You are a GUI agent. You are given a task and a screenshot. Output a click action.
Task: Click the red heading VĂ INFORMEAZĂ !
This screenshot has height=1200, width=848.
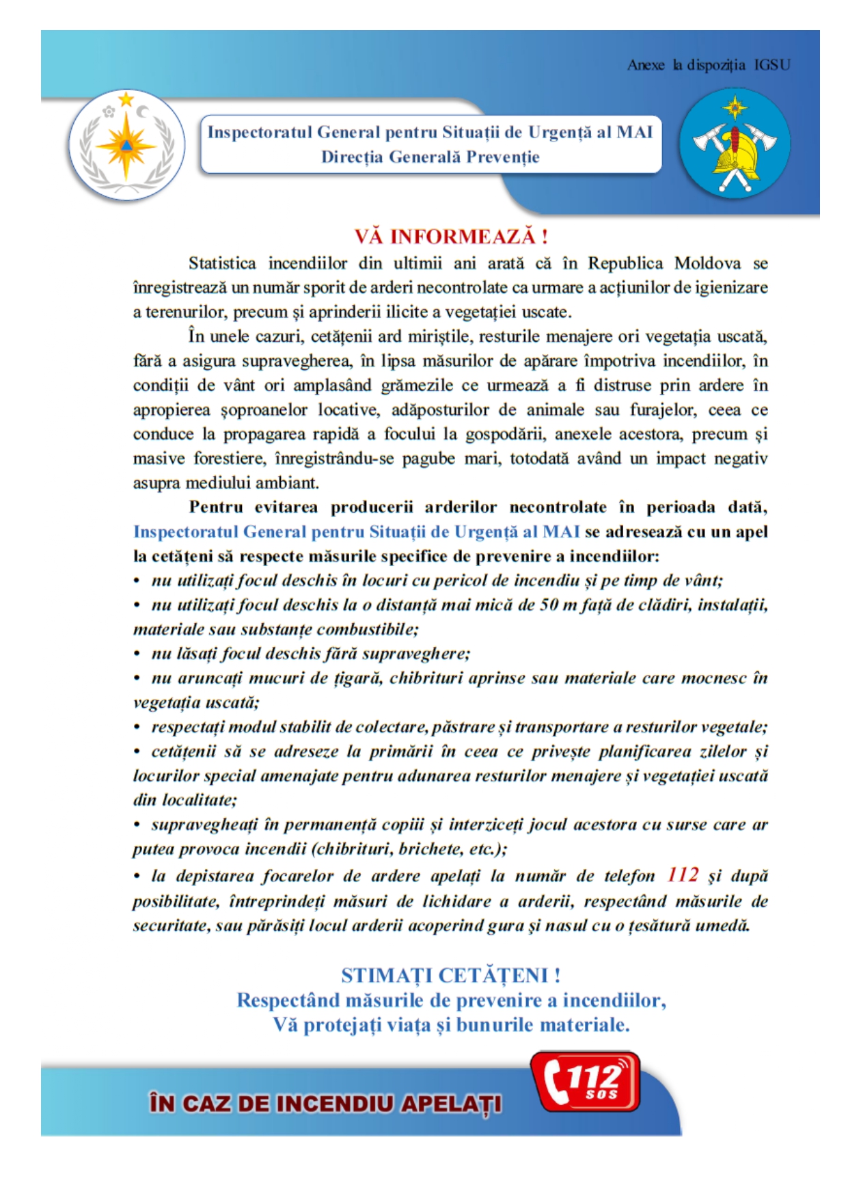[451, 237]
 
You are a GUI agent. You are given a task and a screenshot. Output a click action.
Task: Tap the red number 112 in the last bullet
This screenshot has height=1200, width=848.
[683, 875]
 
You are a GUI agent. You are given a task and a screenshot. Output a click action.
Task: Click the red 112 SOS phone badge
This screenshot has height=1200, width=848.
[586, 1081]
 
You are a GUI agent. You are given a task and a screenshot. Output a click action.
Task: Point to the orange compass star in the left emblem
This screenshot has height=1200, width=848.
[126, 146]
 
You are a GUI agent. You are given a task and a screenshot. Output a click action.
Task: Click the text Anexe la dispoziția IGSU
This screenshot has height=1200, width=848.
[708, 65]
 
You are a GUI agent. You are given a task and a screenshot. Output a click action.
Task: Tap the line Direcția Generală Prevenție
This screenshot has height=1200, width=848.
[430, 157]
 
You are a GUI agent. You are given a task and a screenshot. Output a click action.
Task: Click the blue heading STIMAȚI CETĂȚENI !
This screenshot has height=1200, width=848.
[451, 975]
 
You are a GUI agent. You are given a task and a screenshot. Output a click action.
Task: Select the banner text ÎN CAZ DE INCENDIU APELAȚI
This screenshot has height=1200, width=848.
[326, 1103]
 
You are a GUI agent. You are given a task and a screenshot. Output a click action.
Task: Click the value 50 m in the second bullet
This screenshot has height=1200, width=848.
[558, 605]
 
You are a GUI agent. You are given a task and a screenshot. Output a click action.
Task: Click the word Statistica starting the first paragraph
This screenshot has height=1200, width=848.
[222, 263]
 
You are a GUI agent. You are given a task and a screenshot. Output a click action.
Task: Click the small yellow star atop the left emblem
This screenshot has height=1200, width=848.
[126, 100]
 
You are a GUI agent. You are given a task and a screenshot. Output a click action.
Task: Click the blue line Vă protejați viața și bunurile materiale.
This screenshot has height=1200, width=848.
[451, 1025]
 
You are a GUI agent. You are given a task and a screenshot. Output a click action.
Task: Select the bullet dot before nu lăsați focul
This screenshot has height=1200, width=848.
[137, 654]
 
